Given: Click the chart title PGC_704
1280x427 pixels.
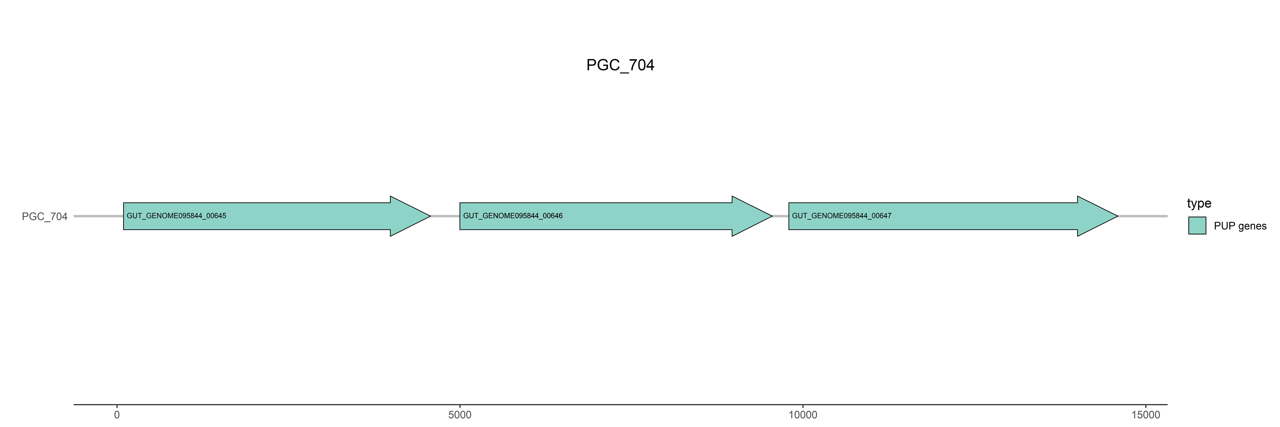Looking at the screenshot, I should (620, 65).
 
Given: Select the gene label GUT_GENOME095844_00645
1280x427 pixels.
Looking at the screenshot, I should (176, 216).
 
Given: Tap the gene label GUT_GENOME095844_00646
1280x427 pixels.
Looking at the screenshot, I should (513, 216).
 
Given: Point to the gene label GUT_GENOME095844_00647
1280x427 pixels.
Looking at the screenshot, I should (842, 216).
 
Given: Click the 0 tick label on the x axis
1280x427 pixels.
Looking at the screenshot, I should (117, 415).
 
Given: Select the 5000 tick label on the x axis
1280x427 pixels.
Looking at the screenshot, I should (460, 415).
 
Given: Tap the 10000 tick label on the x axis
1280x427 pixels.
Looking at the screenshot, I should (802, 415).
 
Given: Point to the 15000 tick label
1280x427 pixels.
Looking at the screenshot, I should (1145, 415).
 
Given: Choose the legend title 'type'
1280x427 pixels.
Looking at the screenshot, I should (1199, 203).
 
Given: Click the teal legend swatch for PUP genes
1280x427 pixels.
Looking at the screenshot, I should (1197, 226).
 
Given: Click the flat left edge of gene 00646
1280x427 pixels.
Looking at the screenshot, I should (460, 216).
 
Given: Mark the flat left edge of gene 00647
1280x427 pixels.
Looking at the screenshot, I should (789, 216).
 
